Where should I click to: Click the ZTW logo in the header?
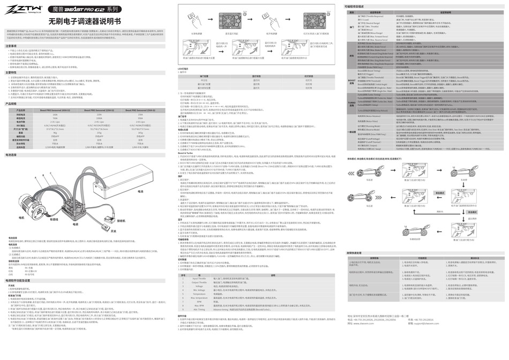tap(21, 9)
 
